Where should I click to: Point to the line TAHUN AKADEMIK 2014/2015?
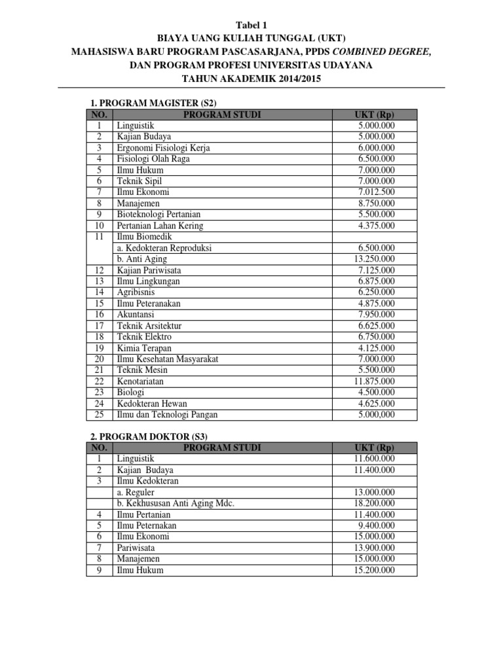pos(251,79)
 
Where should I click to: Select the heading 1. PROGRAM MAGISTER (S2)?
pos(153,103)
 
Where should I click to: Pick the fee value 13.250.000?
pos(373,259)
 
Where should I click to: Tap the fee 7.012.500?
pos(376,192)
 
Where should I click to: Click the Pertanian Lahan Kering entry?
pos(160,226)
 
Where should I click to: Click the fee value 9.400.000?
pos(377,525)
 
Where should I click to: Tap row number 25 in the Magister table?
pos(100,414)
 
